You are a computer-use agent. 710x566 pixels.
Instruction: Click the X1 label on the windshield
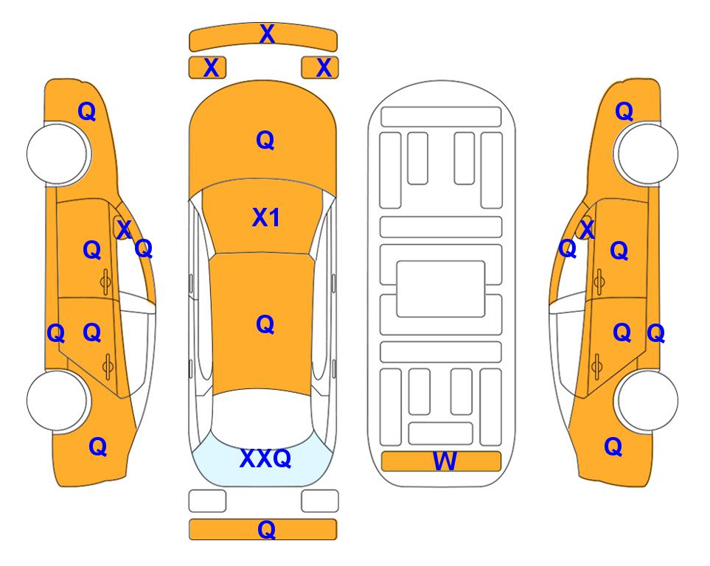point(266,217)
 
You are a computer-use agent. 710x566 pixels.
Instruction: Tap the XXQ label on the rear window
point(265,458)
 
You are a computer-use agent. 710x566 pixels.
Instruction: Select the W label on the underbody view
point(445,461)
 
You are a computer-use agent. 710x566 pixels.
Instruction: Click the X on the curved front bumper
point(267,34)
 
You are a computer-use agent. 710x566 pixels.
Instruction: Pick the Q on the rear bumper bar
point(267,529)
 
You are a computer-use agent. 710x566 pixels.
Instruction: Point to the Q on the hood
point(265,140)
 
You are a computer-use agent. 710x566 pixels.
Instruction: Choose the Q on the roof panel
point(265,324)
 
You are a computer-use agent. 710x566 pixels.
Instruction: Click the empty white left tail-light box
point(207,501)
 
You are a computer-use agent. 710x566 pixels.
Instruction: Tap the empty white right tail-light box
point(320,501)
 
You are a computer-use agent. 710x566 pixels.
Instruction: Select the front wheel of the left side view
point(58,154)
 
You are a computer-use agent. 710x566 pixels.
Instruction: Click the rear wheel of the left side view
point(58,400)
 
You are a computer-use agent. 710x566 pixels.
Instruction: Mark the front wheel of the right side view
point(647,154)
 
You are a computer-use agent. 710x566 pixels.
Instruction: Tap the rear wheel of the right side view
point(647,400)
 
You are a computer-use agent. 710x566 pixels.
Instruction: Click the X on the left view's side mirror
point(124,229)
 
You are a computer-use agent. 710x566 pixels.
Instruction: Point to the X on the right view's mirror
point(587,229)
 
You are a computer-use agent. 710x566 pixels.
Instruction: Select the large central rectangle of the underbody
point(441,289)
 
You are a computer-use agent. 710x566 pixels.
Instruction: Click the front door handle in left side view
point(105,282)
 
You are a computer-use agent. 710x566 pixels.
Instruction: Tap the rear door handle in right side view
point(597,366)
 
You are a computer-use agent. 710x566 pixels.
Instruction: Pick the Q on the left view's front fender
point(87,111)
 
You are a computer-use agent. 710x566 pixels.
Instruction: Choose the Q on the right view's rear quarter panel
point(613,447)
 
